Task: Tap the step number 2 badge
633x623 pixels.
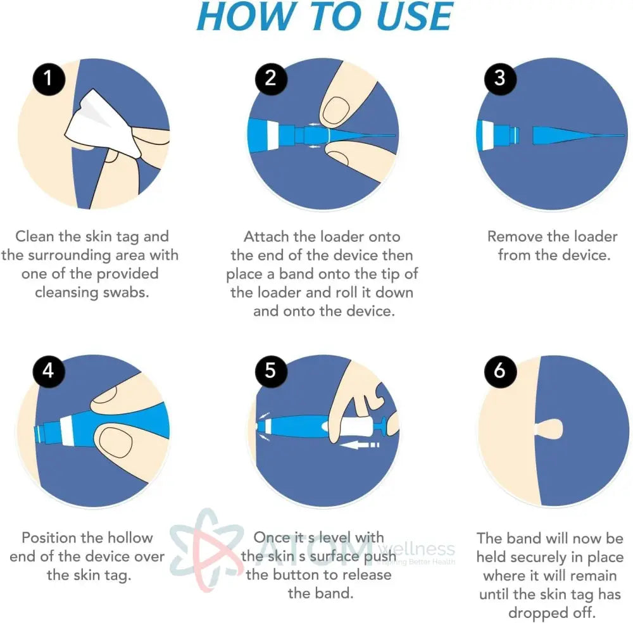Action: [x=271, y=79]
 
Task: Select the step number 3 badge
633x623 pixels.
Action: [x=499, y=79]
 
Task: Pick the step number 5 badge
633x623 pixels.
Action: [x=271, y=370]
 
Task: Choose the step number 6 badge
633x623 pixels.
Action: [x=499, y=370]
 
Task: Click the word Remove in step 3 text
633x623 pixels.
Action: [x=515, y=237]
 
